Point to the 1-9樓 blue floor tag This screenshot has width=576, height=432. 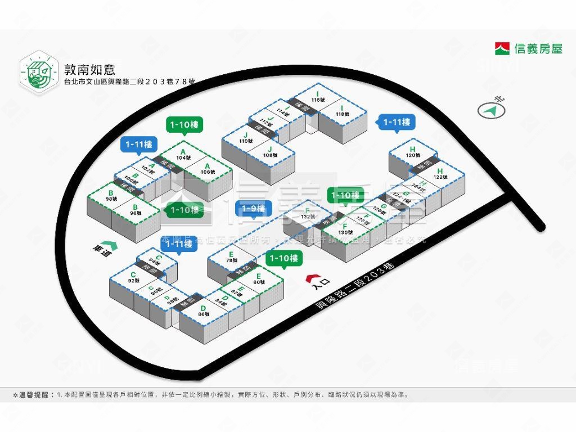[x=253, y=209]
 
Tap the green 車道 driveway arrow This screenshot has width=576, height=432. [x=111, y=246]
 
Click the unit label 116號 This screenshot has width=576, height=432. [x=318, y=100]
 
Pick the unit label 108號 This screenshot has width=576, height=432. [x=271, y=155]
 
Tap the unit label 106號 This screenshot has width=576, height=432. [x=208, y=172]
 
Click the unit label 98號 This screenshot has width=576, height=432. [x=111, y=199]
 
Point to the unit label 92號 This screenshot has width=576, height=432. [x=133, y=280]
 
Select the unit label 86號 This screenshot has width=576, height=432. [x=203, y=314]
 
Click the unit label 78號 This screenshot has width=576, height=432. [x=231, y=260]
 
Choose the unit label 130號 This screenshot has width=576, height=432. [x=345, y=232]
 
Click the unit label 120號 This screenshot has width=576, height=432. [x=413, y=155]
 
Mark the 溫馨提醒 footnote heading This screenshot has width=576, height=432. [x=34, y=394]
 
